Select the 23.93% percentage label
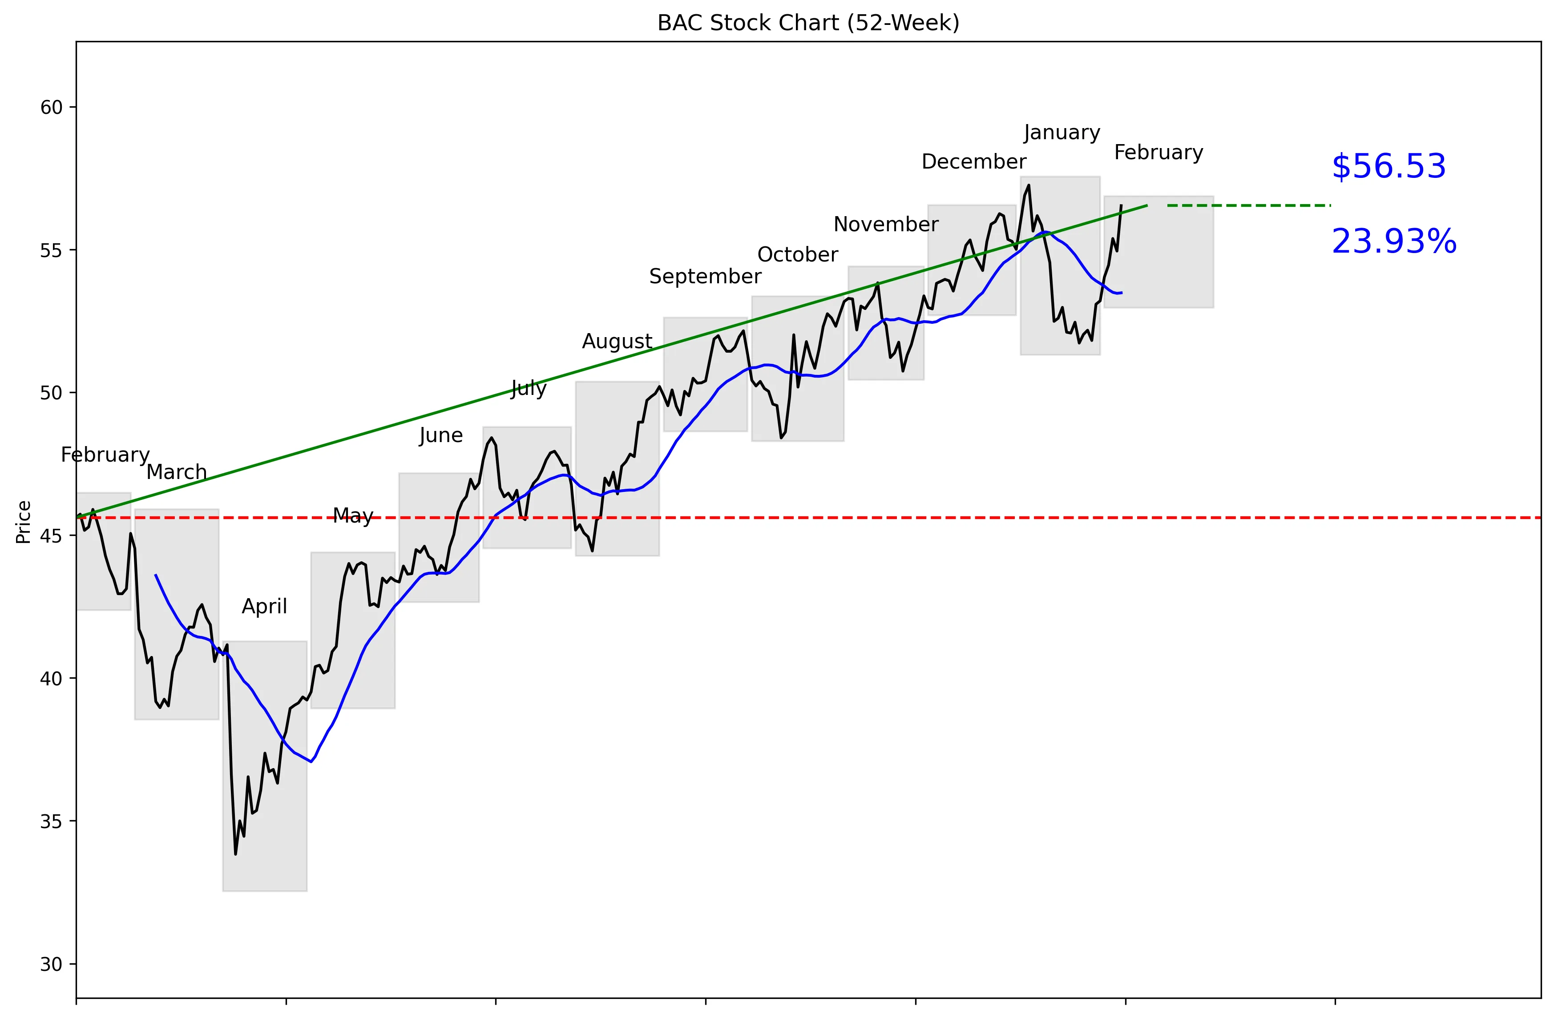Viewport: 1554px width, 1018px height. click(1393, 241)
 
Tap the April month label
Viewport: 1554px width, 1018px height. click(264, 606)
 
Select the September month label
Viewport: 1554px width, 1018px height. click(705, 276)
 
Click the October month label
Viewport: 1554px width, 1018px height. click(797, 254)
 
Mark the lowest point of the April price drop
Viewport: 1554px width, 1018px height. click(236, 853)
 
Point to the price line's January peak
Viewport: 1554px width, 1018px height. click(1029, 185)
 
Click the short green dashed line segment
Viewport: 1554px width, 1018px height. click(1248, 205)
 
